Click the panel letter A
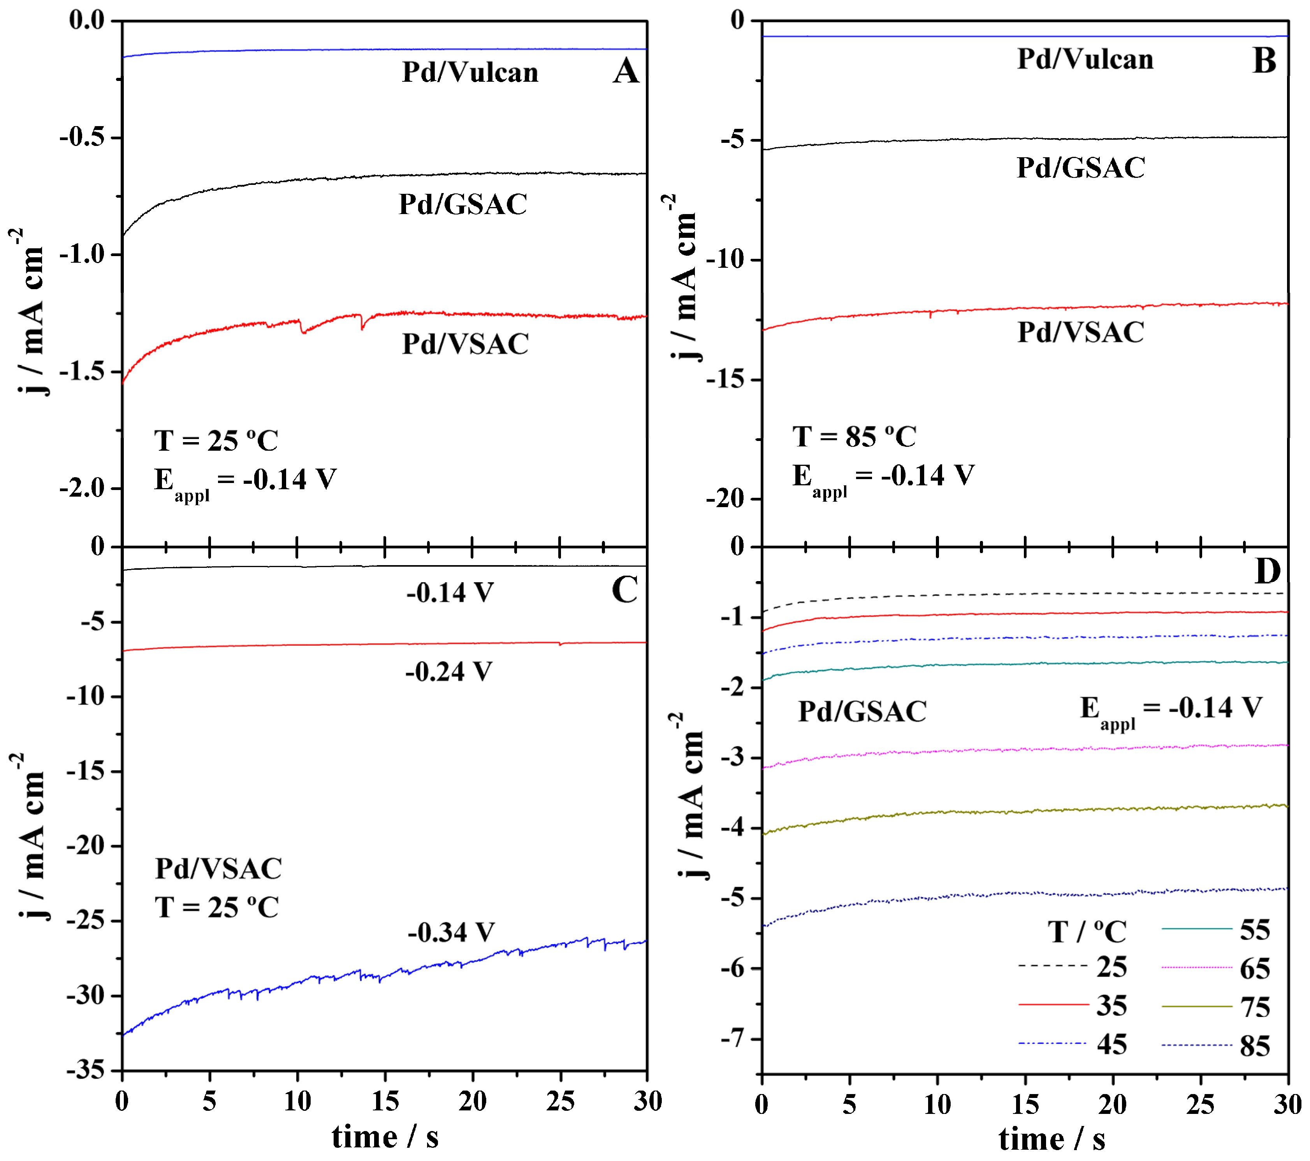[626, 71]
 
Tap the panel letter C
[624, 590]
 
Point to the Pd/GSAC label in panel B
[1081, 168]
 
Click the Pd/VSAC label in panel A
[465, 344]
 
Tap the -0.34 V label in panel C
[450, 932]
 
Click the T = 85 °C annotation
[854, 437]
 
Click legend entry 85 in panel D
[1254, 1046]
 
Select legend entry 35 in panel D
[1111, 1006]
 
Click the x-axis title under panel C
[385, 1137]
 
